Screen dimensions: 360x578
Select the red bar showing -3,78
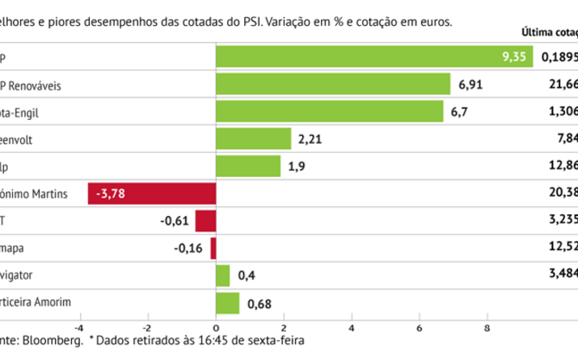(x=152, y=194)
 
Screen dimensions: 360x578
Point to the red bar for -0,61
(x=206, y=221)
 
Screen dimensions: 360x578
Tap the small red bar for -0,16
(x=213, y=248)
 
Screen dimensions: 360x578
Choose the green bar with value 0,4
(x=223, y=276)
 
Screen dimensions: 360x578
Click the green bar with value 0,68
(x=228, y=303)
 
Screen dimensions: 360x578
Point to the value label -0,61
(x=175, y=221)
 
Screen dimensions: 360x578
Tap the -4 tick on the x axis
(x=79, y=327)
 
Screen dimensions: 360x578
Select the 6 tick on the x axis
(x=420, y=327)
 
